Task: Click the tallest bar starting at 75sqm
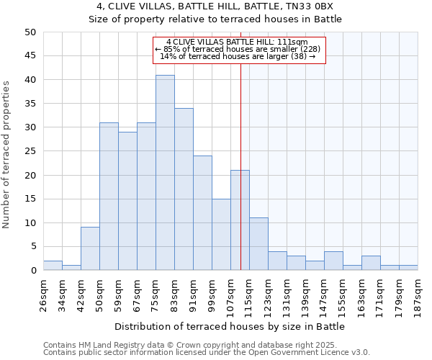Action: (165, 173)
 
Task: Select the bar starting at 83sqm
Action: (184, 189)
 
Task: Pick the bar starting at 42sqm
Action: (90, 248)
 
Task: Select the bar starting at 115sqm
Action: (258, 244)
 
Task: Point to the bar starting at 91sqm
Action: (202, 213)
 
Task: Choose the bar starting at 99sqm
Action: (221, 235)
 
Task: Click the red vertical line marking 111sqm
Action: (240, 144)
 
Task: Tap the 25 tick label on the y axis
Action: (30, 151)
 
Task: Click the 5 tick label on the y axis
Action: (32, 247)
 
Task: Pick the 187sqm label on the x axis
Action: (418, 293)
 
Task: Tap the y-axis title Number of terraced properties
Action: (6, 155)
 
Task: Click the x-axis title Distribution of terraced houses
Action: (230, 326)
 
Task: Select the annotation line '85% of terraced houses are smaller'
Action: (240, 49)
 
